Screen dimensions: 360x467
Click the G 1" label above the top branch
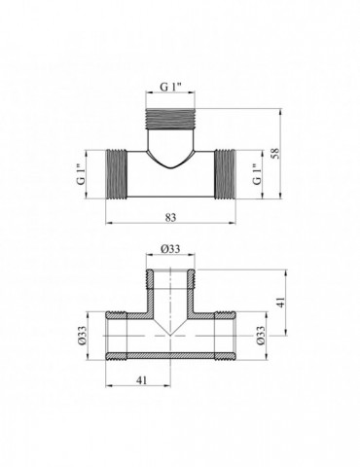(x=170, y=87)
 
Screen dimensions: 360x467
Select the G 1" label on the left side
(x=81, y=174)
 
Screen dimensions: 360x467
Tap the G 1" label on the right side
(x=257, y=174)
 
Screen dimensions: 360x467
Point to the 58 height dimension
(x=274, y=153)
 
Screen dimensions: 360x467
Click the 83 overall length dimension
(x=170, y=217)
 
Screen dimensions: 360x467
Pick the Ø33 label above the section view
(x=170, y=249)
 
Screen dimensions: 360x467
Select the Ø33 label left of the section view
(x=82, y=336)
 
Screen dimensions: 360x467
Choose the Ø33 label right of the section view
(x=261, y=336)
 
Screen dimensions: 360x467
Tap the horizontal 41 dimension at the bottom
(x=141, y=380)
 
